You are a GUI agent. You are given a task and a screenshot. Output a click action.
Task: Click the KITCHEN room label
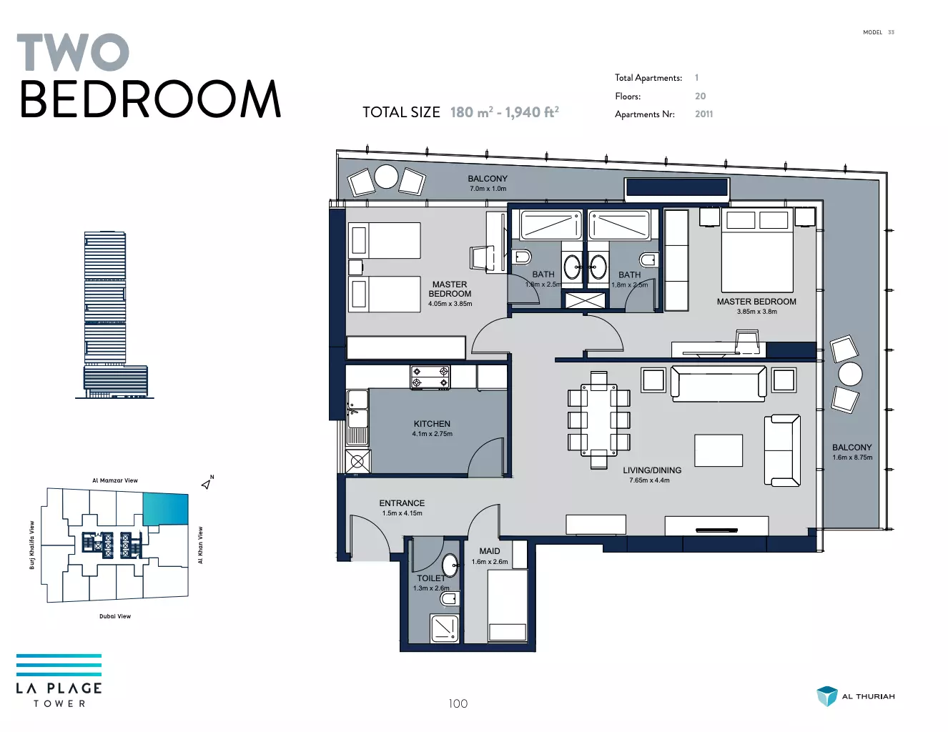(x=432, y=424)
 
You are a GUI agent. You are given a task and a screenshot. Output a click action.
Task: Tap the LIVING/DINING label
(x=652, y=470)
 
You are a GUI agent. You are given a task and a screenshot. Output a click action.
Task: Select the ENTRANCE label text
(x=401, y=503)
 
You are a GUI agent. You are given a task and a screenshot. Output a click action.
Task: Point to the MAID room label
(x=490, y=551)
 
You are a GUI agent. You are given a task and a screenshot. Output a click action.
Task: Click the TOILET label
(x=431, y=578)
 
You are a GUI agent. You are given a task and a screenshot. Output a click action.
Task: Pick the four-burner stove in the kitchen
(x=430, y=377)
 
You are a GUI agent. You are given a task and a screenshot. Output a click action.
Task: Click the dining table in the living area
(x=598, y=420)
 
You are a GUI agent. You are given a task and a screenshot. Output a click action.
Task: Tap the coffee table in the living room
(x=718, y=450)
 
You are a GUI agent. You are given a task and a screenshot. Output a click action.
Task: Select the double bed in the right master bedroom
(x=757, y=250)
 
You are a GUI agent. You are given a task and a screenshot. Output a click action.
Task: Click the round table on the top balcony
(x=386, y=177)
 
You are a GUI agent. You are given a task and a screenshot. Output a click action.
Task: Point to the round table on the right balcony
(x=850, y=374)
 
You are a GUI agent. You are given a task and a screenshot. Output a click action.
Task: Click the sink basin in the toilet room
(x=450, y=565)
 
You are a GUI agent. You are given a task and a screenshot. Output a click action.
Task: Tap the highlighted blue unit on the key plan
(x=166, y=509)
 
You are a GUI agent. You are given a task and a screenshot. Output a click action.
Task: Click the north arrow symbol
(x=207, y=483)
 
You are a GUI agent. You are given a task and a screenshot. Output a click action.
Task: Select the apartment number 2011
(x=703, y=114)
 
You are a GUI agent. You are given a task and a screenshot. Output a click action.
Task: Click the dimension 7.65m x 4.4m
(x=649, y=480)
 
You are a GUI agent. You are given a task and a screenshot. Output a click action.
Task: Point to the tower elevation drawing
(x=114, y=315)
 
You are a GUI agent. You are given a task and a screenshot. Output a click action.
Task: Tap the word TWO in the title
(x=73, y=52)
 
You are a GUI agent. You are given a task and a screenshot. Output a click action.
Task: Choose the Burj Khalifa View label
(x=31, y=545)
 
